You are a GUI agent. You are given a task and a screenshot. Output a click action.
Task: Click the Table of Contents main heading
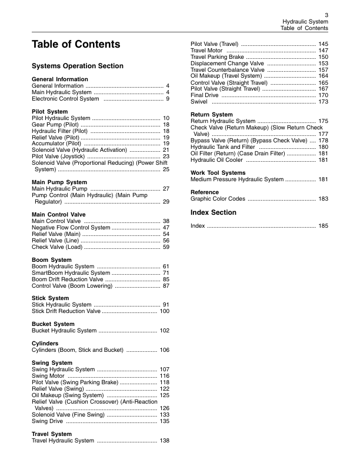click(76, 45)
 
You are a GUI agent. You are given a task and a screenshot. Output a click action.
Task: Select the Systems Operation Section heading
click(77, 66)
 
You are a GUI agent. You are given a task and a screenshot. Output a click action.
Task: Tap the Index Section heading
click(212, 212)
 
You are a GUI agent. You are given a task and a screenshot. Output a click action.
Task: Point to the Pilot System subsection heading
click(49, 111)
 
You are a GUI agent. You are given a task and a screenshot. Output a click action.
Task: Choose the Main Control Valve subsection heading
click(58, 215)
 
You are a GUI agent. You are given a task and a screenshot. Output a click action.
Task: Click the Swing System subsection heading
click(52, 363)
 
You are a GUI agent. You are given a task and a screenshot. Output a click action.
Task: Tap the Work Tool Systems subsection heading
click(218, 172)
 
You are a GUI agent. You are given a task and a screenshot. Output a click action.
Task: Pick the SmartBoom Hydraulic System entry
click(71, 273)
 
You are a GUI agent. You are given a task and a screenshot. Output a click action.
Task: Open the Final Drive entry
click(205, 95)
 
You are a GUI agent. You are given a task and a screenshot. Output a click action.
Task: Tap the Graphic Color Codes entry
click(218, 199)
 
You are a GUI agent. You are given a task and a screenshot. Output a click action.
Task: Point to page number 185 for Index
click(323, 226)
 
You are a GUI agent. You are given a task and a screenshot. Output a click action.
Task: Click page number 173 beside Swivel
click(323, 102)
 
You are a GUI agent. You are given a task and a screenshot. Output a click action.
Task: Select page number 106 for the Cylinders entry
click(165, 350)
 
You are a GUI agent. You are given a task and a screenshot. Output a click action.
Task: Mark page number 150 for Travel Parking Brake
click(323, 57)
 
